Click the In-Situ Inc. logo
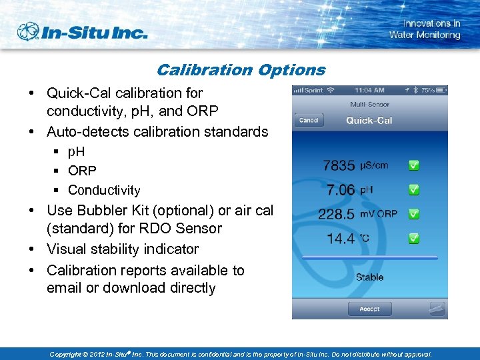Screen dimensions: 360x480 tap(81, 32)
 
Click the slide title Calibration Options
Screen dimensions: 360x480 tap(241, 70)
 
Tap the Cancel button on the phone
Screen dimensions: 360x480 tap(309, 121)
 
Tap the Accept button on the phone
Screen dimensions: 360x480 tap(369, 309)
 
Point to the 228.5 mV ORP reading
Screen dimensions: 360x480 tap(359, 214)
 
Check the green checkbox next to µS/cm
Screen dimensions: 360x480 tap(413, 165)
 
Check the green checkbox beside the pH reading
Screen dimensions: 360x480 tap(413, 190)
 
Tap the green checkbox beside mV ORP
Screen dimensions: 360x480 tap(413, 214)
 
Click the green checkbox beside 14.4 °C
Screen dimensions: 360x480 tap(413, 238)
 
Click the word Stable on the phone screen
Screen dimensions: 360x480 tap(369, 277)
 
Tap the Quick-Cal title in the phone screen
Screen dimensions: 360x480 tap(369, 121)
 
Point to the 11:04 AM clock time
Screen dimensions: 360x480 tap(369, 90)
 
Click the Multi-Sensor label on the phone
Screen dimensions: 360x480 tap(369, 105)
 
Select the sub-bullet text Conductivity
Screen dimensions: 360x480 tap(104, 190)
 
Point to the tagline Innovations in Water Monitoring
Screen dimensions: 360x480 tap(424, 29)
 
